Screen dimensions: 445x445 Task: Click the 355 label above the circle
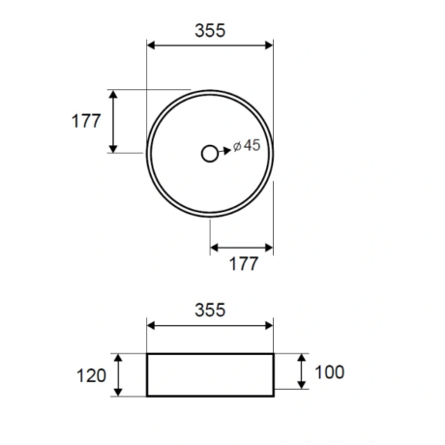[210, 31]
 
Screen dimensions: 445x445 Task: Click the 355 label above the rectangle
[210, 311]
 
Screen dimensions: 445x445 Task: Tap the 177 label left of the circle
[86, 121]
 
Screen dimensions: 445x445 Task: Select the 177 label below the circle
[244, 264]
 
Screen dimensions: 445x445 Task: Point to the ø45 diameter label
[247, 145]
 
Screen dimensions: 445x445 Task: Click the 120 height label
[91, 376]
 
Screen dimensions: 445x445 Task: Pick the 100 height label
[329, 372]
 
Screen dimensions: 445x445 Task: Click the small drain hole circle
[210, 154]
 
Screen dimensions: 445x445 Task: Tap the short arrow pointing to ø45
[224, 151]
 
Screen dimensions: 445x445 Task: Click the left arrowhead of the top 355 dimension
[151, 45]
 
